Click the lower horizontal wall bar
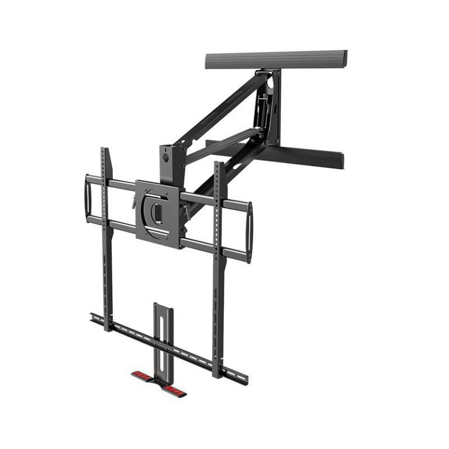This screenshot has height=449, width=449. (310, 155)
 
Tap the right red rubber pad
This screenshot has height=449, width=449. (174, 388)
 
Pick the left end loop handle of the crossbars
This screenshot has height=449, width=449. (88, 199)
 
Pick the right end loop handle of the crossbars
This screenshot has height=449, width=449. (250, 232)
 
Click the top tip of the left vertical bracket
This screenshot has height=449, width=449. (103, 150)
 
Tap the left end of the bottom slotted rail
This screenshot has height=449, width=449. (94, 317)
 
